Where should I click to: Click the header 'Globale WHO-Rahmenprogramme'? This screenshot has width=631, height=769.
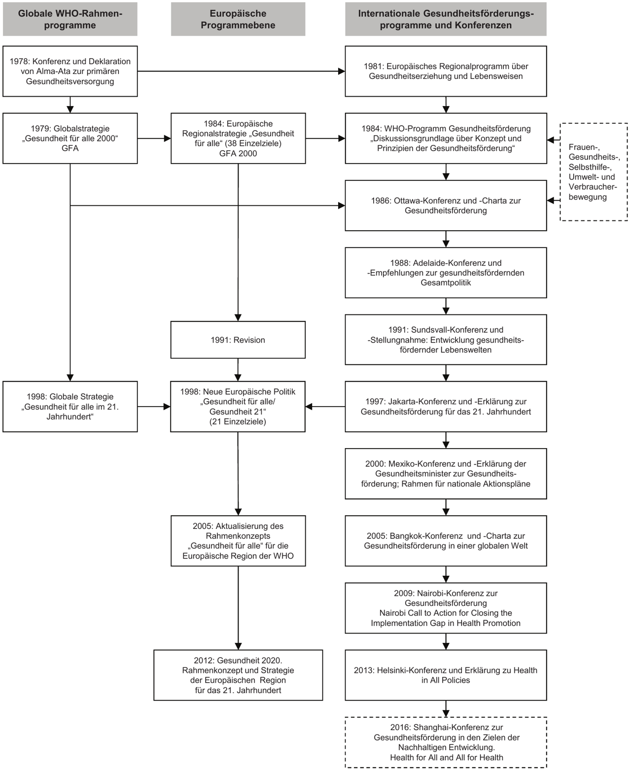70,19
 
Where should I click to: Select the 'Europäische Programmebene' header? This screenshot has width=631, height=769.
238,19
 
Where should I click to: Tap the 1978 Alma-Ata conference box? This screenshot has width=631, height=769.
70,71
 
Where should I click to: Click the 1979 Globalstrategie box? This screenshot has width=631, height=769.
70,139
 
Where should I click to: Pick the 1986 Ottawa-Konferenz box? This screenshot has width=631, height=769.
446,206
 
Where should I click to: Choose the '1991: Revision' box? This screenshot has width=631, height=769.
238,340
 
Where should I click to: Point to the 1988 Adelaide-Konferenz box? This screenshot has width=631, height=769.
446,273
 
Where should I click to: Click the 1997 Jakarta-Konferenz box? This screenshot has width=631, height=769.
446,407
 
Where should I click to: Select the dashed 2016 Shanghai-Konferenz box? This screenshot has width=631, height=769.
446,742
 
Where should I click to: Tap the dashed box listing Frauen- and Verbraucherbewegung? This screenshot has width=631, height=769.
594,172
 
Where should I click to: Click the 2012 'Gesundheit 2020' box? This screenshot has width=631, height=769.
238,675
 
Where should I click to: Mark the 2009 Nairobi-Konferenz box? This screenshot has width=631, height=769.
446,608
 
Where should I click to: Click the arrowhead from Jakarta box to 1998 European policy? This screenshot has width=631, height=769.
310,407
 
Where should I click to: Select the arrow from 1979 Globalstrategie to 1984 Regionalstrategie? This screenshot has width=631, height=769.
154,139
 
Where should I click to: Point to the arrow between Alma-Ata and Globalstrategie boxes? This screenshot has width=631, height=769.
70,105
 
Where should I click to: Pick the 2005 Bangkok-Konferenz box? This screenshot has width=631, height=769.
446,541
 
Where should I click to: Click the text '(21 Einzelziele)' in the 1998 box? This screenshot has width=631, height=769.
238,421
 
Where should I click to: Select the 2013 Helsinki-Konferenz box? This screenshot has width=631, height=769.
446,675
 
